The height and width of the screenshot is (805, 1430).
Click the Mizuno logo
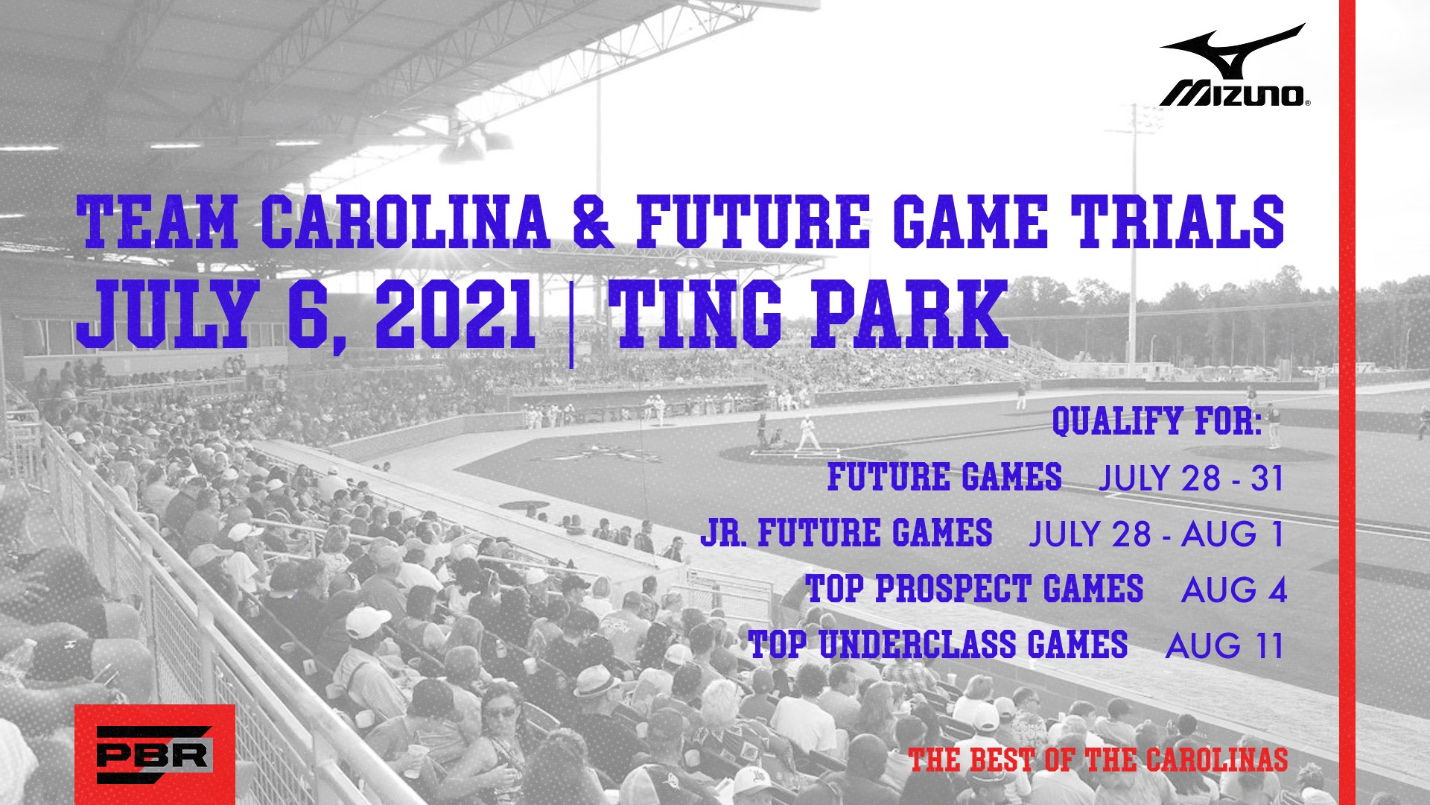pos(1233,66)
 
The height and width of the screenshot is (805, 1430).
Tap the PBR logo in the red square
pos(155,754)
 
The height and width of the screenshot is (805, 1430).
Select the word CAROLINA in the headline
pos(404,221)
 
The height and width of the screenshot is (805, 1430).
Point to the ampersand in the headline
pos(594,221)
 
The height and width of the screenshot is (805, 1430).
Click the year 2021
pos(454,314)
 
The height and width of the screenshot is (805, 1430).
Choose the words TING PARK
pos(808,314)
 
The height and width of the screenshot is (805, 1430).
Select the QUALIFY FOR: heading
pos(1157,421)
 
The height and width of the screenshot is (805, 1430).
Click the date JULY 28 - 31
pos(1192,478)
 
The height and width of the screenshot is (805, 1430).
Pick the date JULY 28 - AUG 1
pos(1157,534)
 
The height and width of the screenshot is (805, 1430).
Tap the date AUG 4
pos(1234,590)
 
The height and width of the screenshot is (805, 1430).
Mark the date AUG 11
pos(1225,645)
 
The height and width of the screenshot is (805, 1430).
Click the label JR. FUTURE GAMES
pos(846,533)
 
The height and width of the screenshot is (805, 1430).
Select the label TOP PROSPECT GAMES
pos(974,589)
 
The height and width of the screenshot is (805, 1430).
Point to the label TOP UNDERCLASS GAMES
pos(938,645)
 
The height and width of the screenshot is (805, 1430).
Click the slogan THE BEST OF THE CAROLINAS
pos(1098,760)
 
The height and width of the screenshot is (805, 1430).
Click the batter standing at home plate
pos(807,433)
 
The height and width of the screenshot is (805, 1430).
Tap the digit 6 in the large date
pos(308,314)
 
